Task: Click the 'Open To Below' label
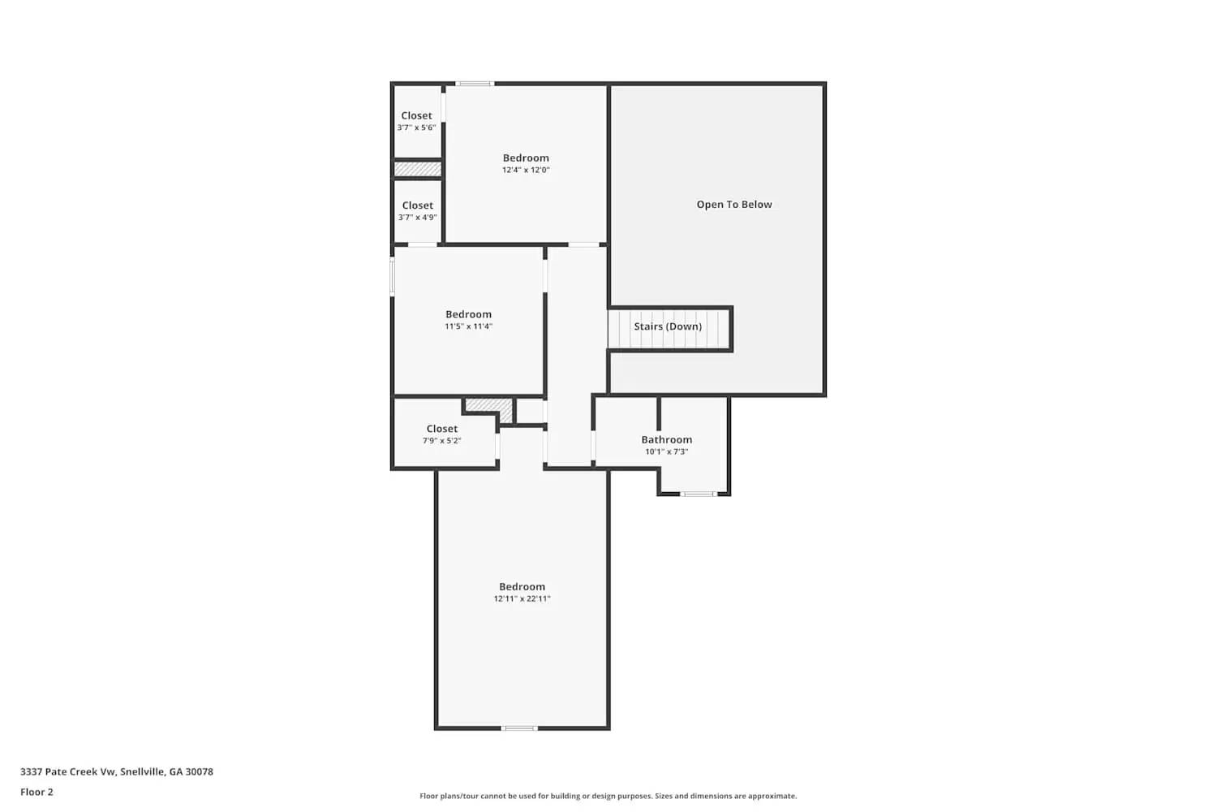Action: (734, 205)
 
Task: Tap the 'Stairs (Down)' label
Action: (668, 326)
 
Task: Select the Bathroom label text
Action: (667, 439)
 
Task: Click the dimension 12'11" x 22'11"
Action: (522, 598)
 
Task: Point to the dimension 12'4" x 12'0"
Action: (526, 170)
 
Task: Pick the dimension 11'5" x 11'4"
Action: (468, 326)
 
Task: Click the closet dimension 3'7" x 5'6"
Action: (416, 127)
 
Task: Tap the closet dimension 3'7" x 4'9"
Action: (417, 218)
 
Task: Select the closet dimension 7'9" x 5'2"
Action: (441, 441)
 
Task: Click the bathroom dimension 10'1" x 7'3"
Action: (666, 451)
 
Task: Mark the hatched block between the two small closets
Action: (418, 169)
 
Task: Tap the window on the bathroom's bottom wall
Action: (698, 494)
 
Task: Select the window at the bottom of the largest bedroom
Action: (519, 728)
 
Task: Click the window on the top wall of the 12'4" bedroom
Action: (474, 83)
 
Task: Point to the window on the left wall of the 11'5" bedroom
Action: (393, 276)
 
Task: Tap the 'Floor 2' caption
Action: (37, 792)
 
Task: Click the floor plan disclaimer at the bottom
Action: (608, 796)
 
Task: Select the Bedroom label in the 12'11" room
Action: (522, 586)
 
